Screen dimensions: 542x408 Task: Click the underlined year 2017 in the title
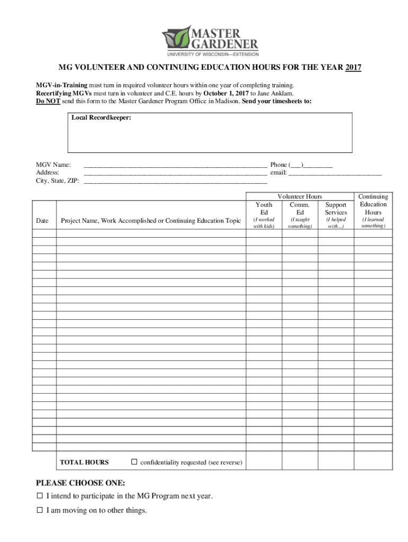(353, 68)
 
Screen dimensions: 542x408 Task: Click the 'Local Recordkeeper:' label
(101, 118)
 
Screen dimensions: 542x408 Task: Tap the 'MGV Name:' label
(54, 165)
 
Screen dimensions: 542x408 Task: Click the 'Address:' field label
(48, 173)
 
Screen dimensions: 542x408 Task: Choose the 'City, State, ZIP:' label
(58, 180)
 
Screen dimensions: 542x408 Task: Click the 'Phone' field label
(279, 165)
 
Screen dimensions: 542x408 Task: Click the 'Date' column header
(42, 220)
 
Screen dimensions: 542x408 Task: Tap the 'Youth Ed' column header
(264, 208)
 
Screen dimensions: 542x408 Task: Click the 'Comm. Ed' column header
(300, 208)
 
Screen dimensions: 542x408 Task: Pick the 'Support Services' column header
(336, 208)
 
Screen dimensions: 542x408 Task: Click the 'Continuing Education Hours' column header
(373, 204)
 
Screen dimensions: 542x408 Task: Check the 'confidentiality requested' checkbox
(134, 462)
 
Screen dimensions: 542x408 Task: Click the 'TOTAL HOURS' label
(84, 462)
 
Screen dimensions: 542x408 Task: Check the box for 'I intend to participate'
(39, 496)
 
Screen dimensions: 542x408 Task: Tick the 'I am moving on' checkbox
(39, 511)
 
